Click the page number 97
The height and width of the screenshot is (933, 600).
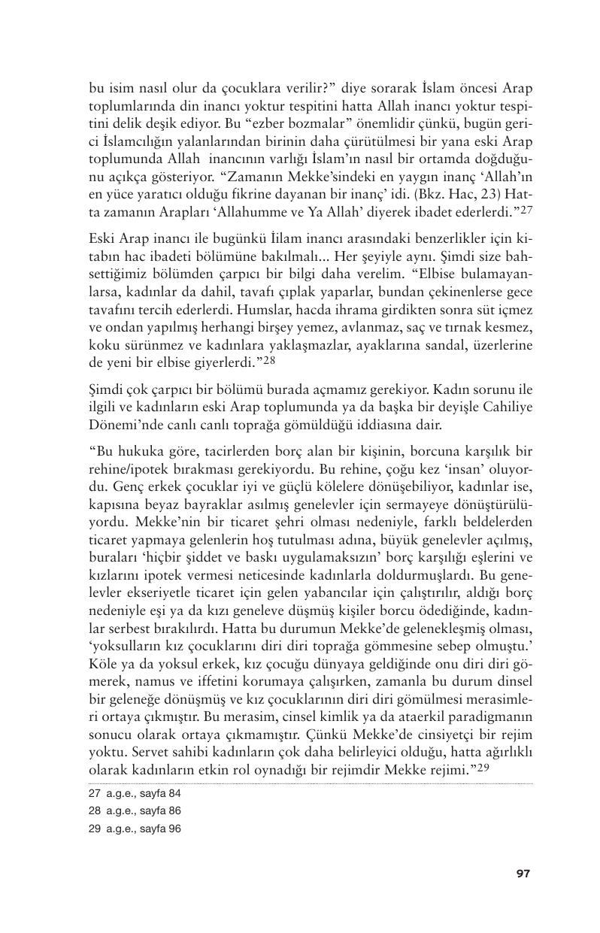[x=523, y=873]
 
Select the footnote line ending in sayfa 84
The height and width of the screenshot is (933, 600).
[x=135, y=793]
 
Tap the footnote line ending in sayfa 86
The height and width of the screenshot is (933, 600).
[x=135, y=810]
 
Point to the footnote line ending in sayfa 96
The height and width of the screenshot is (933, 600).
[x=135, y=828]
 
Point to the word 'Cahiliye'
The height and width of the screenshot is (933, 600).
[x=508, y=409]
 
